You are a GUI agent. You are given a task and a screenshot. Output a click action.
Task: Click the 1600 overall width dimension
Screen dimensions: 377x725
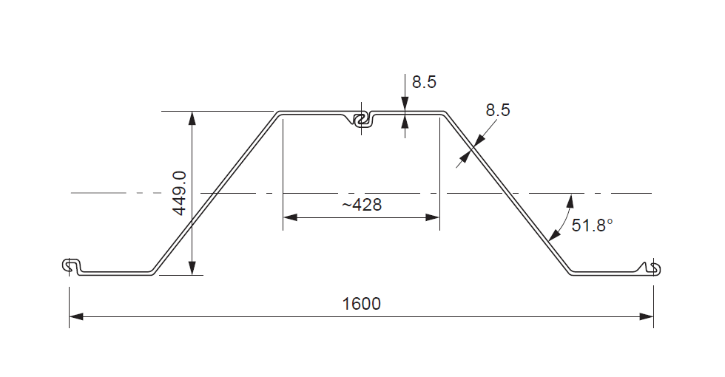(362, 304)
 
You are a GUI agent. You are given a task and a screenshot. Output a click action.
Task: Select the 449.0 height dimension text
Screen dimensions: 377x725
(179, 192)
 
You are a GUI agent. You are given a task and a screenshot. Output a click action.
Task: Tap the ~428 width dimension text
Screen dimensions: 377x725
(362, 205)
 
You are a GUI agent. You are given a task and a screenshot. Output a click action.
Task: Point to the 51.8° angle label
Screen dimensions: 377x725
(593, 225)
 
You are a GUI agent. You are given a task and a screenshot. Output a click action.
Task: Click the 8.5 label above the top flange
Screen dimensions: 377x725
(424, 82)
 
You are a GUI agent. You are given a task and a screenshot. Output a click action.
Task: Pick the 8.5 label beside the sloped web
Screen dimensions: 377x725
(497, 110)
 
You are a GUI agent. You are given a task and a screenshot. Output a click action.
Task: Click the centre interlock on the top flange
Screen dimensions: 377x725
(362, 120)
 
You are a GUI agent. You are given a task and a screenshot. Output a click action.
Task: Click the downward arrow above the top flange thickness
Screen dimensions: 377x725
(404, 105)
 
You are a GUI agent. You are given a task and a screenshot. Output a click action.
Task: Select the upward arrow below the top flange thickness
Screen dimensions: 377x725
(404, 122)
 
